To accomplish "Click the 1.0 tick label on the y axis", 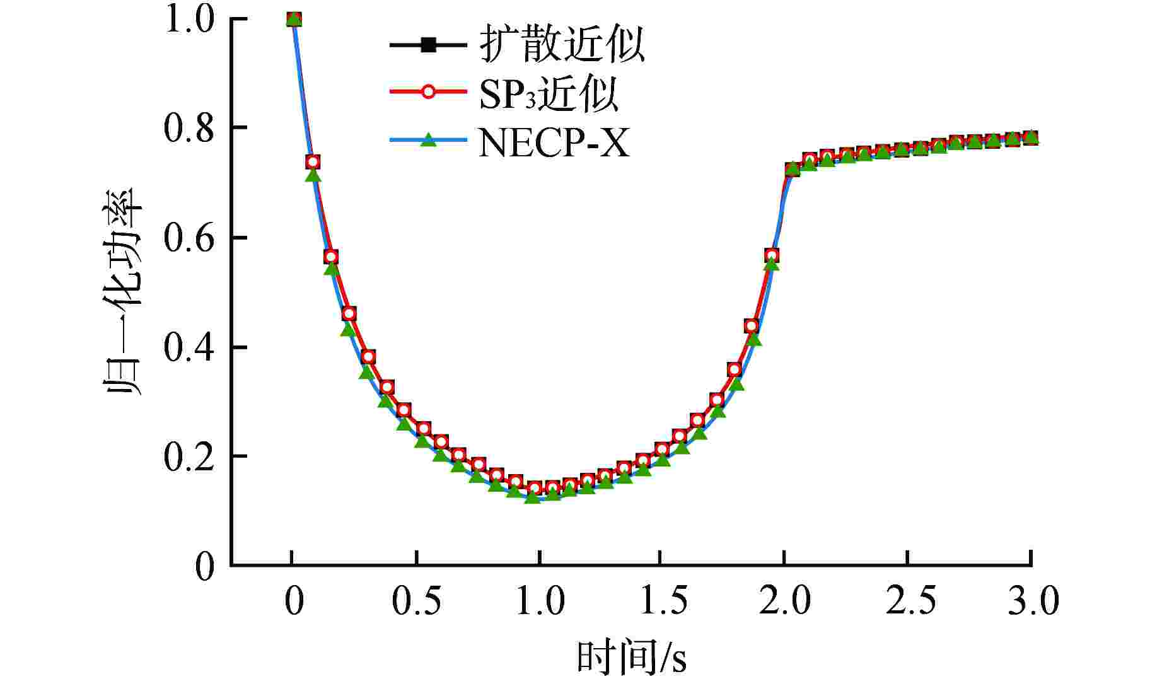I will click(189, 20).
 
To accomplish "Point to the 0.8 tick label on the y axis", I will click(189, 128).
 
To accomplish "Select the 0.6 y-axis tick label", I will click(189, 238).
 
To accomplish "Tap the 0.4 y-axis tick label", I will click(189, 347).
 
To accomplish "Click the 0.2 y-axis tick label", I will click(189, 457).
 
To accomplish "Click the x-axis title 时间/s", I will click(631, 658).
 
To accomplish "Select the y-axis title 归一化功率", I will click(122, 291).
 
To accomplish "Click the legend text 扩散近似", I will click(562, 45).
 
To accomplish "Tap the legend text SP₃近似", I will click(548, 94).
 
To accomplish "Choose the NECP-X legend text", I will click(554, 143).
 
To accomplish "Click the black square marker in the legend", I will click(429, 45).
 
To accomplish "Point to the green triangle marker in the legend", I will click(429, 139).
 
